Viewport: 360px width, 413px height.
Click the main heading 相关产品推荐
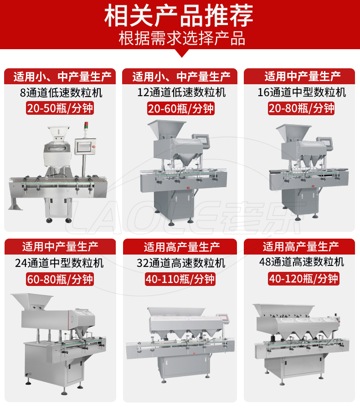click(x=179, y=15)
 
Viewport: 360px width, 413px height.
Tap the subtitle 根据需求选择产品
click(x=182, y=38)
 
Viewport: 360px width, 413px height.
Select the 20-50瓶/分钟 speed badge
click(x=60, y=108)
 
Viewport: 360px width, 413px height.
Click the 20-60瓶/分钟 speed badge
click(x=181, y=108)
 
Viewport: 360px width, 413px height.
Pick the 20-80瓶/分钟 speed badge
click(x=301, y=108)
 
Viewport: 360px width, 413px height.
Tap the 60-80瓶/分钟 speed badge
click(x=60, y=279)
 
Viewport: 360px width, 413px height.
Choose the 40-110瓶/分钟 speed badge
click(x=180, y=279)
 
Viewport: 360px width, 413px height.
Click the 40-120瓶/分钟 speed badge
click(x=303, y=279)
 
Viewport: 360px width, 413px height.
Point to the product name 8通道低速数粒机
click(x=61, y=93)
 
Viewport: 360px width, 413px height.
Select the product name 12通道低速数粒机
click(x=181, y=92)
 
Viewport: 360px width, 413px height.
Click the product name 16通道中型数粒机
click(x=302, y=92)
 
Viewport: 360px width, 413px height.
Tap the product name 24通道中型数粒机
click(x=59, y=263)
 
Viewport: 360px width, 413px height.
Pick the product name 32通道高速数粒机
click(x=181, y=263)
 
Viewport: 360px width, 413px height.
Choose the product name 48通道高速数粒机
click(x=302, y=262)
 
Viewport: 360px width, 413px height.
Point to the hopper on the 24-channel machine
click(x=32, y=301)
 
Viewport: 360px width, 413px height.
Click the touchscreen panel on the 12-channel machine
click(x=201, y=140)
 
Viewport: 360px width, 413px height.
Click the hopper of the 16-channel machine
click(x=293, y=133)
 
